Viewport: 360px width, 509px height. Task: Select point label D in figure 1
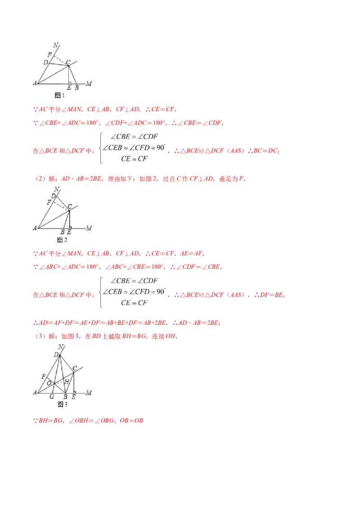point(45,63)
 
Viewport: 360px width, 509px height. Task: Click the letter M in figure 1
point(89,84)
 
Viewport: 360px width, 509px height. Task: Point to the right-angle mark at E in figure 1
point(69,83)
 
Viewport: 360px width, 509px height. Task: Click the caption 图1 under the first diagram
point(60,95)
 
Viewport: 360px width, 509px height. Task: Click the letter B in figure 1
point(76,88)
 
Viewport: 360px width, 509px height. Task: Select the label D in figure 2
point(53,196)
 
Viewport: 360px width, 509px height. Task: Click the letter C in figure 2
point(70,207)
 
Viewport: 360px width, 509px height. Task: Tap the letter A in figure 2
point(35,228)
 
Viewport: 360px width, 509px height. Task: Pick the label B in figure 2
point(63,232)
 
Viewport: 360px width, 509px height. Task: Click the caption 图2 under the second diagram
point(63,240)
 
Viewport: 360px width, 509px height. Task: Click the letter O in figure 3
point(49,383)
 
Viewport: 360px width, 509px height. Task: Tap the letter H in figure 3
point(66,382)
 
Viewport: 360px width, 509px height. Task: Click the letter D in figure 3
point(56,355)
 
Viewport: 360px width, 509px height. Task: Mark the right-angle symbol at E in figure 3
point(73,391)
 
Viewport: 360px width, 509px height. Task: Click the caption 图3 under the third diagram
point(63,404)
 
